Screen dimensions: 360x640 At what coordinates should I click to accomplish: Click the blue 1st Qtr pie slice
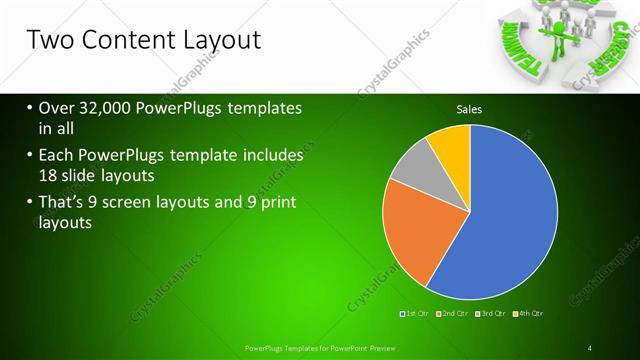click(500, 220)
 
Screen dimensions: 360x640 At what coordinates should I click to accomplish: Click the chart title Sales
click(470, 109)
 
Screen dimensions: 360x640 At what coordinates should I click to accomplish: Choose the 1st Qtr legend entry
click(413, 314)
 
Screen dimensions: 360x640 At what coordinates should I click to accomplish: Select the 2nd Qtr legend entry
click(452, 314)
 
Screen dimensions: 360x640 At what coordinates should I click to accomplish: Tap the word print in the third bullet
click(276, 204)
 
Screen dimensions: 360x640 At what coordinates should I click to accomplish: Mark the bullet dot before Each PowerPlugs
click(29, 156)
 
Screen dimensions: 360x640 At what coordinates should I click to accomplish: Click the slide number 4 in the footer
click(590, 347)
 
